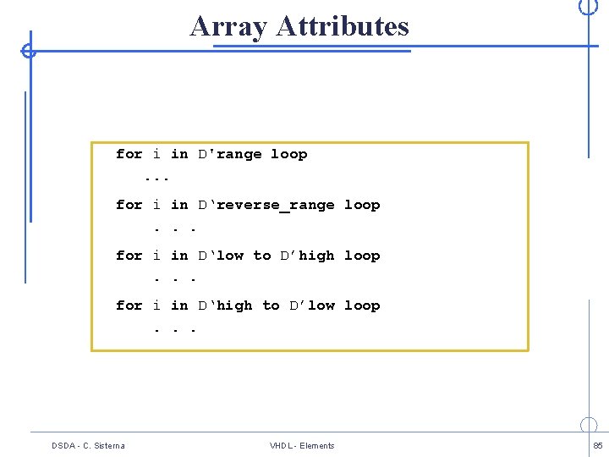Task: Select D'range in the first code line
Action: (230, 155)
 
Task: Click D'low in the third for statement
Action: (222, 256)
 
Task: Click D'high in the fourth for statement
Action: (226, 306)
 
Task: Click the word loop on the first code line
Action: (288, 155)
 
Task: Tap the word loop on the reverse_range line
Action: (362, 206)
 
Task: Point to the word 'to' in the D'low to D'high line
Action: (262, 256)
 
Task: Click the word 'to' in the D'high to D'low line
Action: (271, 306)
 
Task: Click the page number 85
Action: (598, 446)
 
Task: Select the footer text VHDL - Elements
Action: (302, 446)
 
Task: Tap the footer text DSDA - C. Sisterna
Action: (88, 446)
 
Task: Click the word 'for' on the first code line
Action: (129, 155)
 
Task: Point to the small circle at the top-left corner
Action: (29, 51)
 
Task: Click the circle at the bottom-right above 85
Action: (589, 425)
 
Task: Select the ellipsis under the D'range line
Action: (157, 179)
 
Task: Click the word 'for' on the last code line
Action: (129, 306)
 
